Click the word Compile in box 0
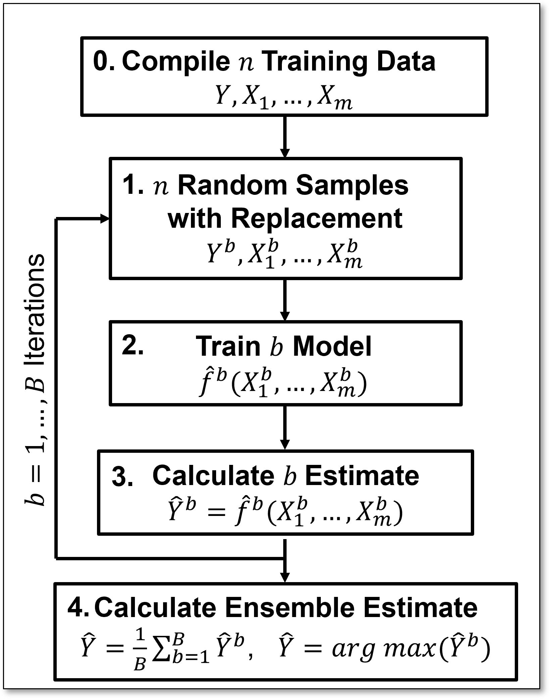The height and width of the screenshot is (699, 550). coord(176,62)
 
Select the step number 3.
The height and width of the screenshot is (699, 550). coord(122,476)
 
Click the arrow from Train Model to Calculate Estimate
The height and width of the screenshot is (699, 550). coord(285,427)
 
